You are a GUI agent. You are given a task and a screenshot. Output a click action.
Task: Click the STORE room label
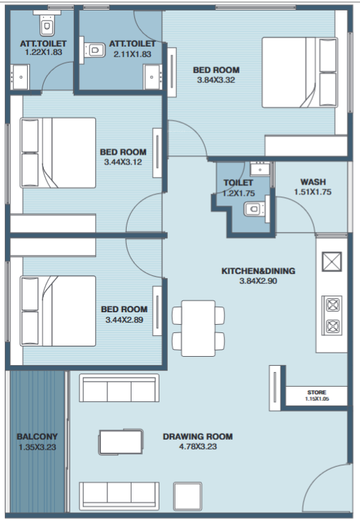pyautogui.click(x=317, y=392)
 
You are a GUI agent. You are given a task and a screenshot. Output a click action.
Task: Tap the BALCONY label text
pyautogui.click(x=37, y=436)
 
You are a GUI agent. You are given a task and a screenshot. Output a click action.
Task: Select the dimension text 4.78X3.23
pyautogui.click(x=198, y=447)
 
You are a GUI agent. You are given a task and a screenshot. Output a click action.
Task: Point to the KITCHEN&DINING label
pyautogui.click(x=258, y=271)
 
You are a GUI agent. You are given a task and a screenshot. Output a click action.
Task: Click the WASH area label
pyautogui.click(x=313, y=182)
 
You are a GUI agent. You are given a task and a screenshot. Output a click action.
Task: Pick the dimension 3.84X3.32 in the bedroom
pyautogui.click(x=216, y=80)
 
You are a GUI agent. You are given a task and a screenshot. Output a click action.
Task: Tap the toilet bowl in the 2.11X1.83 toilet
pyautogui.click(x=93, y=50)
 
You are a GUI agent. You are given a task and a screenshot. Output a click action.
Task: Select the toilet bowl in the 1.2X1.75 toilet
pyautogui.click(x=254, y=209)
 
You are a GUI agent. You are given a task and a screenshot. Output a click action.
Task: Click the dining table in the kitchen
pyautogui.click(x=198, y=328)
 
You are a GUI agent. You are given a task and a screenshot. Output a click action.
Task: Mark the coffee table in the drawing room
pyautogui.click(x=120, y=442)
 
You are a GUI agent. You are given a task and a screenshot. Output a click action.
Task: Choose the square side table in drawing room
pyautogui.click(x=188, y=496)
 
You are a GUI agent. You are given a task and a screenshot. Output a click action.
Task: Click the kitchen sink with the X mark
pyautogui.click(x=331, y=261)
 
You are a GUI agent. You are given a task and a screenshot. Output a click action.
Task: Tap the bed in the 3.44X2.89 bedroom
pyautogui.click(x=58, y=311)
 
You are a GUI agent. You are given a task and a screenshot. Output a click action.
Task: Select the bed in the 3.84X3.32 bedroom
pyautogui.click(x=300, y=72)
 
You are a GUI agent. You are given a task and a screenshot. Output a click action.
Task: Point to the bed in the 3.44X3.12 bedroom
pyautogui.click(x=58, y=153)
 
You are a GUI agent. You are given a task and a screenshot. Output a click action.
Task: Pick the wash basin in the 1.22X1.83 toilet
pyautogui.click(x=20, y=77)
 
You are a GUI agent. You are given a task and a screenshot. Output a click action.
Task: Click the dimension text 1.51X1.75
pyautogui.click(x=313, y=192)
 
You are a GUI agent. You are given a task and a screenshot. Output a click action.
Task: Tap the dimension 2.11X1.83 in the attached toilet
pyautogui.click(x=132, y=54)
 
